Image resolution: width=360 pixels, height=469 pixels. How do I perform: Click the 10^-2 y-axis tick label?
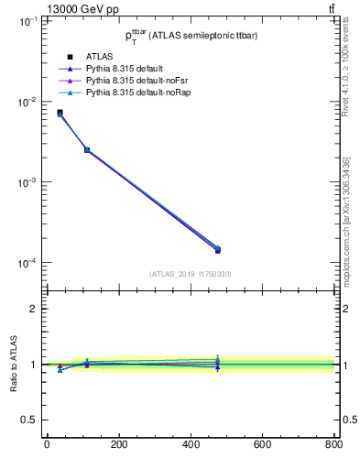(x=27, y=102)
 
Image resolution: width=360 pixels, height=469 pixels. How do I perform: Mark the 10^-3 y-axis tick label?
(x=27, y=182)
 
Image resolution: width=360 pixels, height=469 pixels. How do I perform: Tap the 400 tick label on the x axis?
(x=262, y=445)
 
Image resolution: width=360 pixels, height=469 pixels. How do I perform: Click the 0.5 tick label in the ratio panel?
(x=29, y=420)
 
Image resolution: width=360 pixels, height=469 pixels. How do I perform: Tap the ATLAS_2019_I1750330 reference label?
(x=190, y=274)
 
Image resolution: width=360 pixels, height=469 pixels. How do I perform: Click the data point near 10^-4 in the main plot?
(x=217, y=249)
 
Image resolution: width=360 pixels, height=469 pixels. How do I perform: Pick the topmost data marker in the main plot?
(x=60, y=113)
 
